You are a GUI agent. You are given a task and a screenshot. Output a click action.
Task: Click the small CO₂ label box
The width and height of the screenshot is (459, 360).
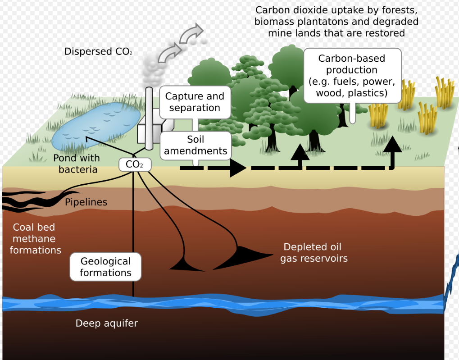pos(135,164)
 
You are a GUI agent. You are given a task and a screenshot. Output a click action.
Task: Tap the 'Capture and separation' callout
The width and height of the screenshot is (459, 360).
pos(195,102)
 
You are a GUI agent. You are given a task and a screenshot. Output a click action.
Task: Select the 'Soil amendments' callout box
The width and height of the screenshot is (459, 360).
pos(195,145)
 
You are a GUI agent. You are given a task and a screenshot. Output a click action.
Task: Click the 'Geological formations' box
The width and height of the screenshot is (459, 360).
pos(105,267)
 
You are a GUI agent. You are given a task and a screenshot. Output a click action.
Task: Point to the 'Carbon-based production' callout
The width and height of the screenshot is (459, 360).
pos(352,76)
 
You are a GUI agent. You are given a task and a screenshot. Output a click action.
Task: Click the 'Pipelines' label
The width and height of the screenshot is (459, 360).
pos(86,202)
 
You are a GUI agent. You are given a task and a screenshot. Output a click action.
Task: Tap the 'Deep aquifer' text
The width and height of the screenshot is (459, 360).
pos(107,323)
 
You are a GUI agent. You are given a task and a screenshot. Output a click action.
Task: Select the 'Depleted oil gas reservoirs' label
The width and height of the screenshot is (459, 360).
pos(314,252)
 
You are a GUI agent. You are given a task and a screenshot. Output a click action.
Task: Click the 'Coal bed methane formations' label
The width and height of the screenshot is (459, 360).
pos(35,238)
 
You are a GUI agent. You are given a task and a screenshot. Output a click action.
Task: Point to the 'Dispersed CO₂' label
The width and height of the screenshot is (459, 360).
pos(98,51)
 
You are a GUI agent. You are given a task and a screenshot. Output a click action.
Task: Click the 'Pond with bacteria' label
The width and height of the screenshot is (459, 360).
pos(77,164)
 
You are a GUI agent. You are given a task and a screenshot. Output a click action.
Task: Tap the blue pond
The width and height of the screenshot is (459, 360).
pos(96,125)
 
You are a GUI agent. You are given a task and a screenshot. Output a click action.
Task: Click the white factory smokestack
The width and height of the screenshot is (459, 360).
pos(149,118)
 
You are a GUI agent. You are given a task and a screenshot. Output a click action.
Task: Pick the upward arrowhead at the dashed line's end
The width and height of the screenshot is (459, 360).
pos(392,144)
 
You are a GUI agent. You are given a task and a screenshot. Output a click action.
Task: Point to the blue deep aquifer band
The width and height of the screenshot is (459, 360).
pos(223,305)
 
